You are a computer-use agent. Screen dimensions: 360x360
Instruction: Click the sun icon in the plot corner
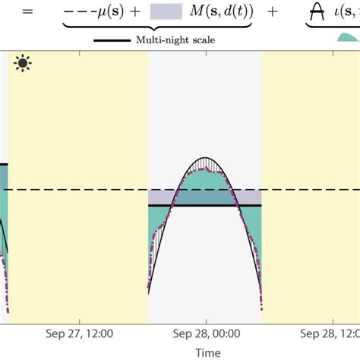point(21,63)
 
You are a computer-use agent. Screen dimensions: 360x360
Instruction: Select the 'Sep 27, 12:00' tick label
point(81,333)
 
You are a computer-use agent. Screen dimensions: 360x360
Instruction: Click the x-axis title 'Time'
point(207,352)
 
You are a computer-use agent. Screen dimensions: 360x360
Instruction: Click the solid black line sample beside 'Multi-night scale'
point(114,40)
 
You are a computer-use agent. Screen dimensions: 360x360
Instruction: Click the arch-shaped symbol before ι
point(317,11)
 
